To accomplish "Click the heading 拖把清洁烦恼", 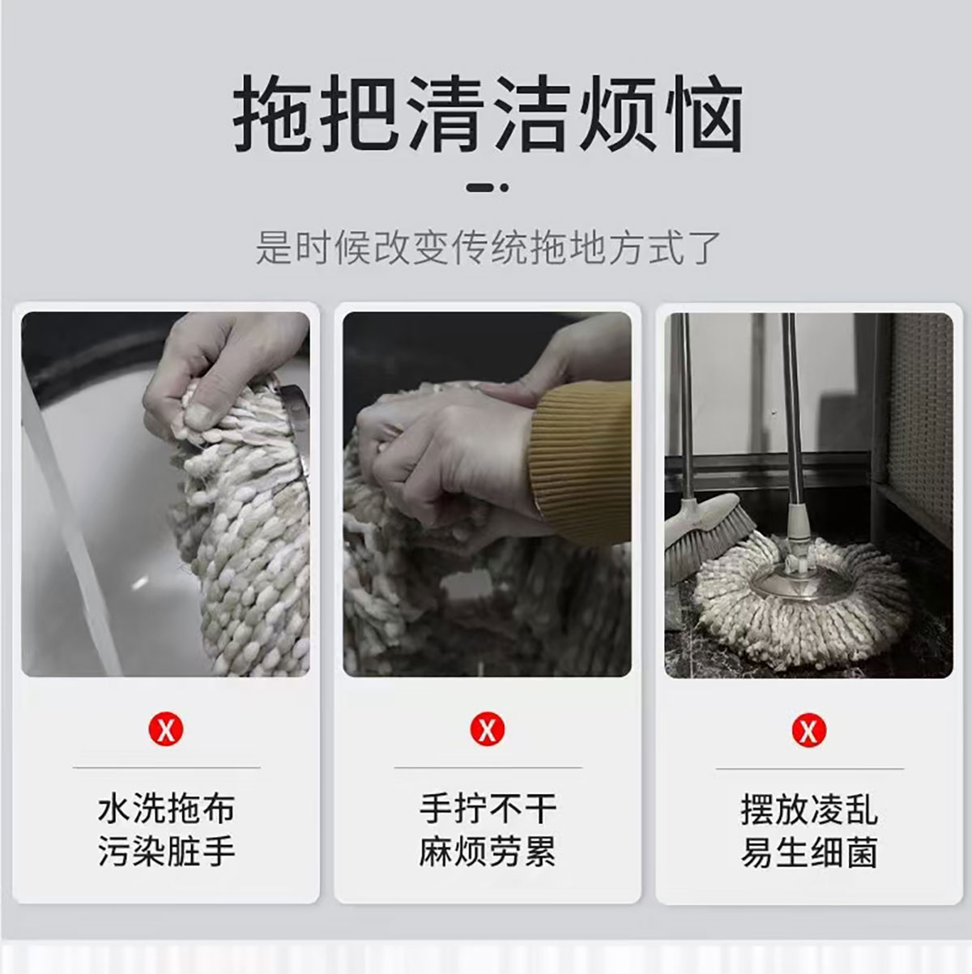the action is (x=488, y=113).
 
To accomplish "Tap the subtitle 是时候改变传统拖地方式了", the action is (x=488, y=247).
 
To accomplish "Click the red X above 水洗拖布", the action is (x=166, y=730).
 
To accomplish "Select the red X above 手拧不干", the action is (x=488, y=730).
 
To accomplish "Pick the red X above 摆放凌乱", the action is (x=808, y=730).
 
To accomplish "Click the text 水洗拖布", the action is (x=166, y=809).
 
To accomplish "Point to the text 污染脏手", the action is (x=166, y=852).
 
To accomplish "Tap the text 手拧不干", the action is (x=488, y=809).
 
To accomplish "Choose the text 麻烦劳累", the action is (x=488, y=852).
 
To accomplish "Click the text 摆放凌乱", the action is (x=809, y=809).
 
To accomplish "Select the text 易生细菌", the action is (x=809, y=852).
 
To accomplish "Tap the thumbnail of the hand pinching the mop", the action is (x=165, y=494).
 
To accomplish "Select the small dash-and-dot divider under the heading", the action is (x=488, y=187).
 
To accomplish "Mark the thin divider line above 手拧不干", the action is (x=488, y=768).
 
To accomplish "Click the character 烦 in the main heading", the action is (x=617, y=113).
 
